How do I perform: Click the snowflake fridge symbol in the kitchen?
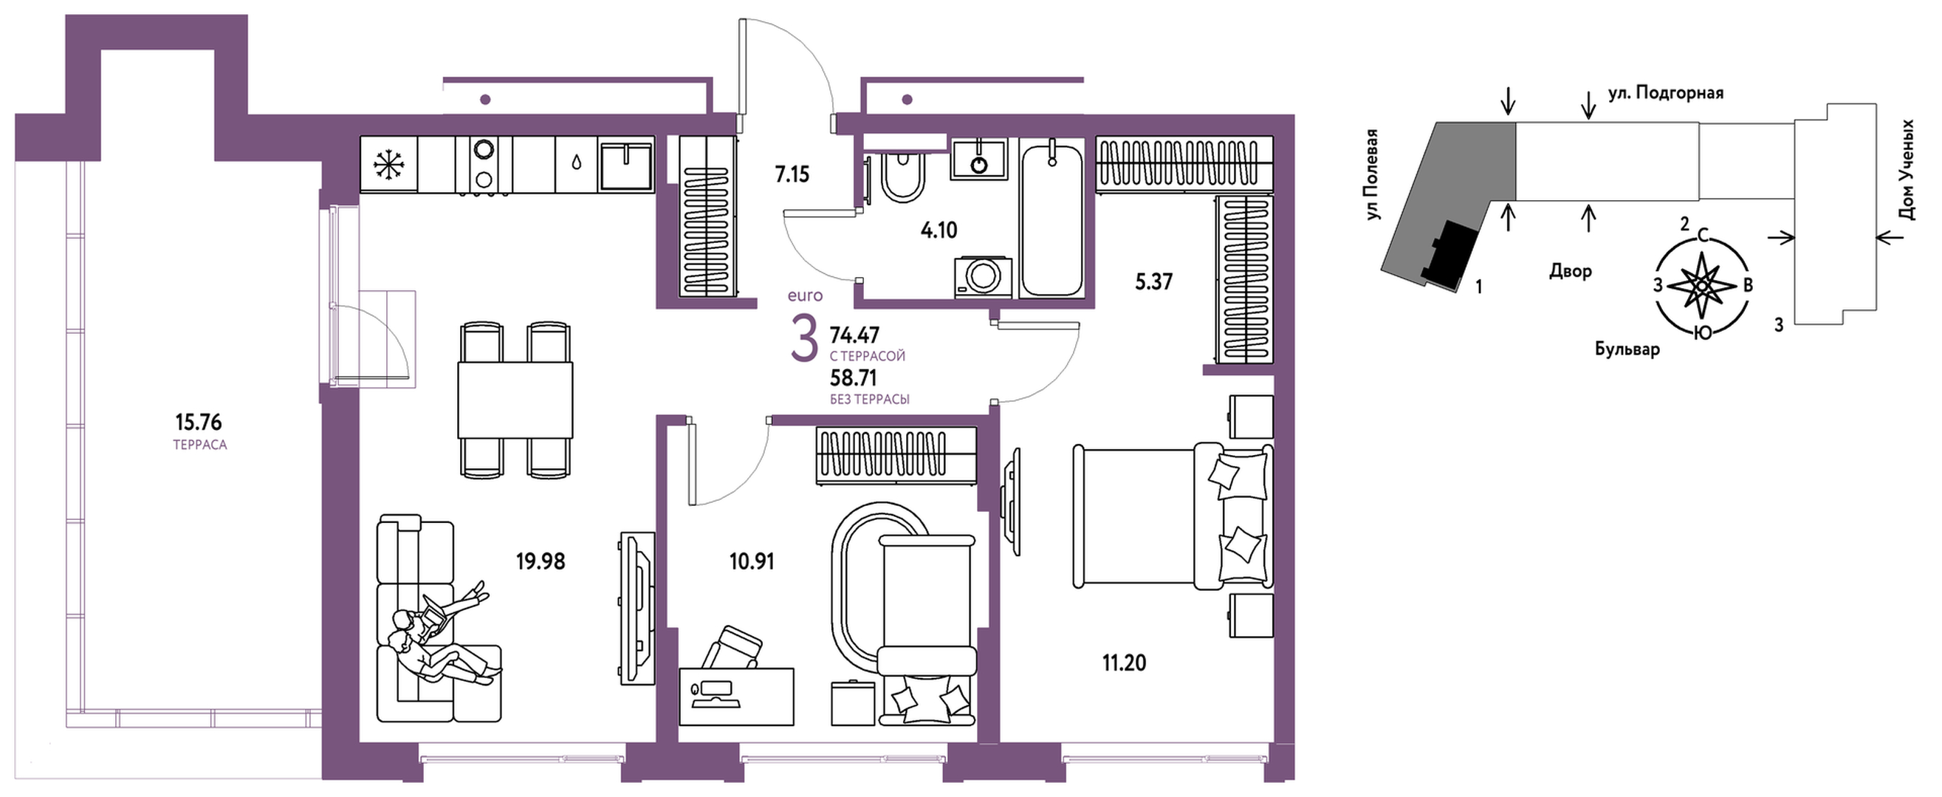tap(389, 165)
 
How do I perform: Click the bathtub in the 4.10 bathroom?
tap(1051, 219)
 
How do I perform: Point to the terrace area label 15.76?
tap(199, 422)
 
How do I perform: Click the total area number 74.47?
tap(854, 334)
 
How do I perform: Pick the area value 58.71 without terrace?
tap(854, 377)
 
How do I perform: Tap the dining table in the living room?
tap(515, 400)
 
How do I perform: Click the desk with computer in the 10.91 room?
tap(735, 696)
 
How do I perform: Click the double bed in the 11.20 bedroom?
tap(1173, 516)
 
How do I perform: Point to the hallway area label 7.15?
tap(792, 175)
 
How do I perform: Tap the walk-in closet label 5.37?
tap(1154, 282)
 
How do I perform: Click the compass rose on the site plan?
tap(1701, 287)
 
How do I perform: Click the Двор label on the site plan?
tap(1571, 270)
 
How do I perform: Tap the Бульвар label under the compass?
tap(1627, 349)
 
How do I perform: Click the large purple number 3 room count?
tap(804, 339)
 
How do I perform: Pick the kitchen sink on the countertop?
tap(625, 164)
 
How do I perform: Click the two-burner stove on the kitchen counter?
tap(482, 165)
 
